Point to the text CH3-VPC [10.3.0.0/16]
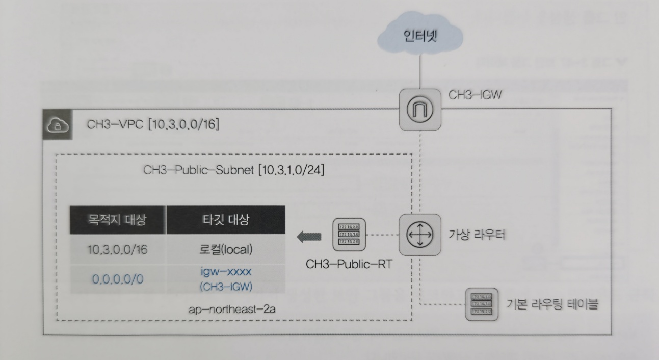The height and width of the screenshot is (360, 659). tap(153, 124)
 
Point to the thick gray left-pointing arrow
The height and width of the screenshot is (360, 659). tap(309, 236)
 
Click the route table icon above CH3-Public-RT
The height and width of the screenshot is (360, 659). tap(349, 235)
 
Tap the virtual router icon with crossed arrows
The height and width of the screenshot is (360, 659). tap(418, 235)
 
